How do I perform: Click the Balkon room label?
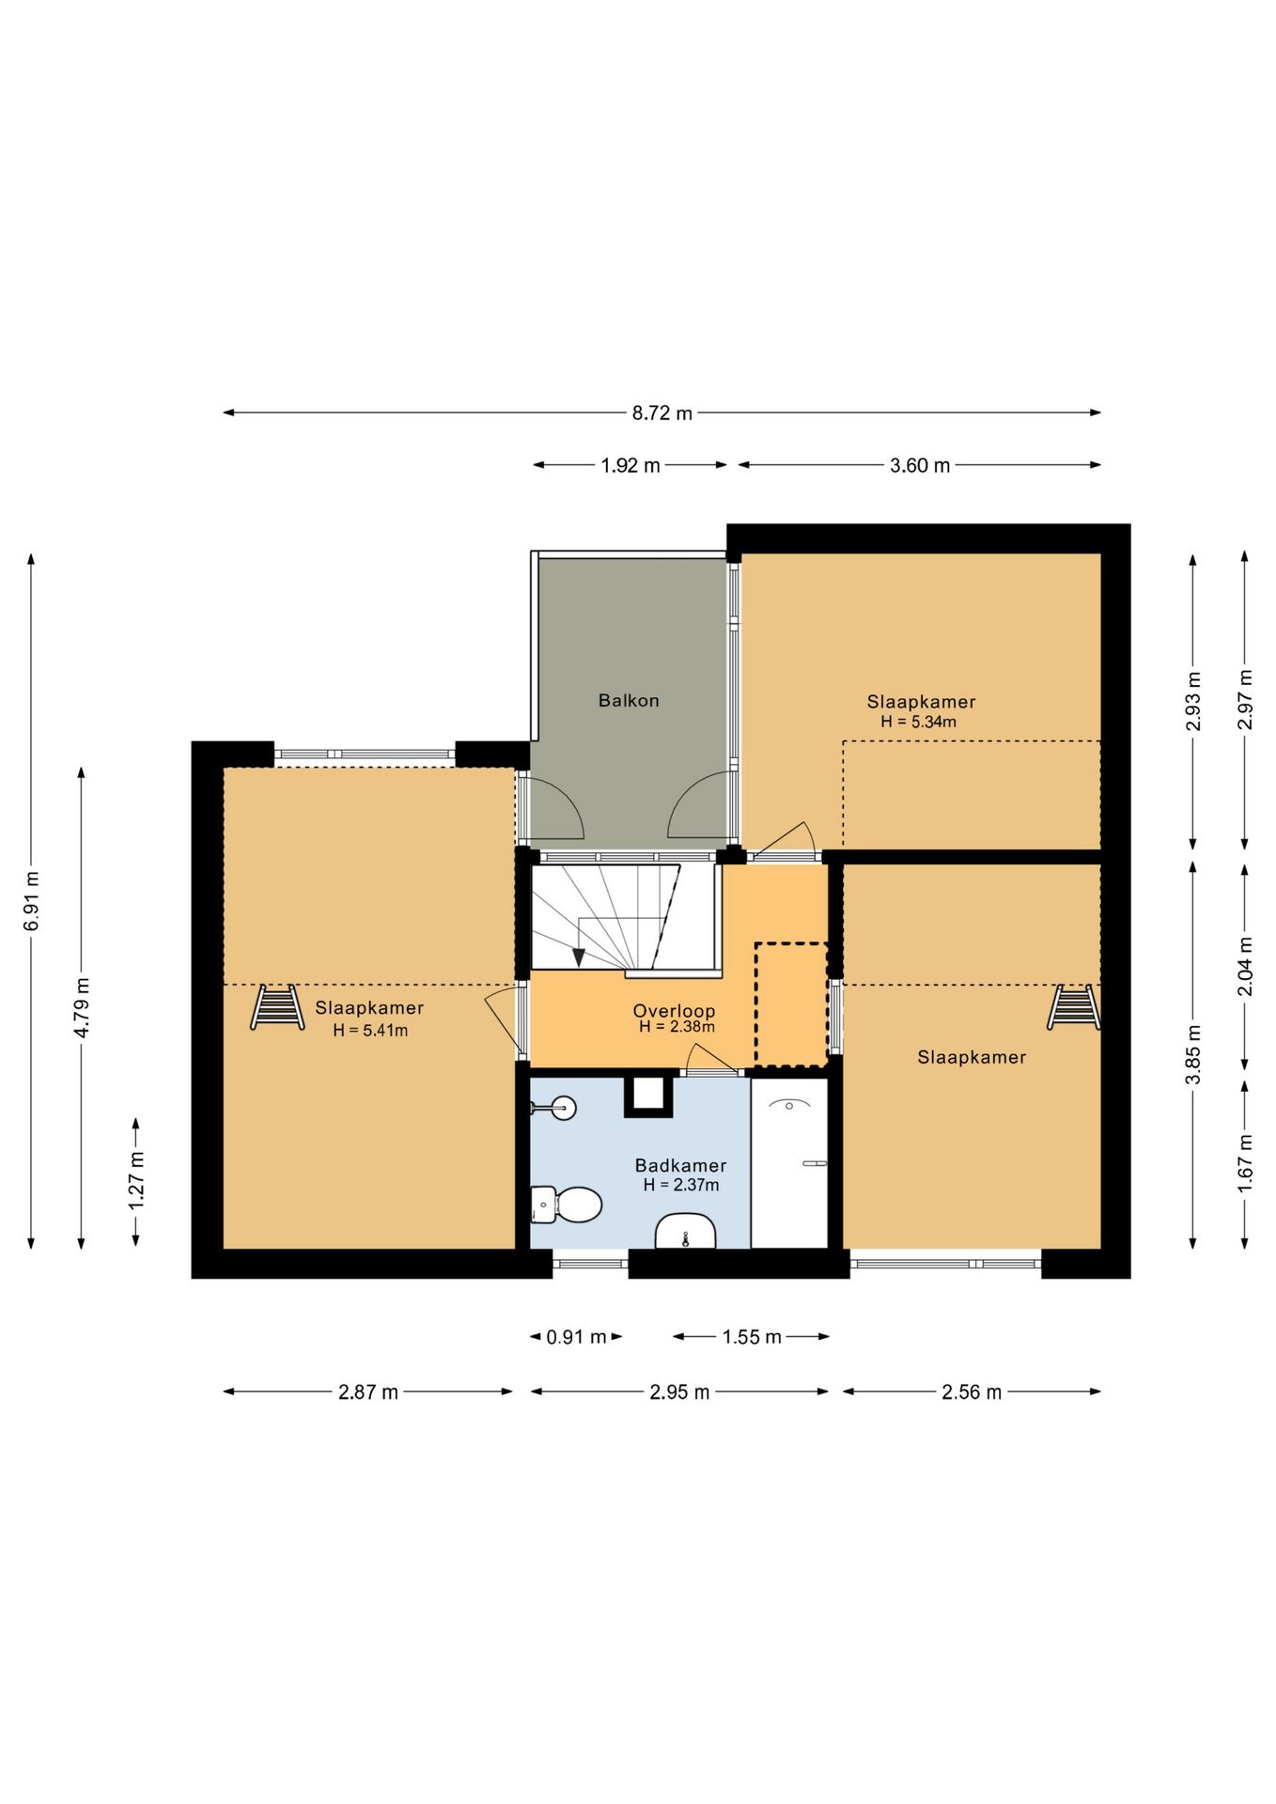tap(629, 700)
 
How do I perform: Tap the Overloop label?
tap(674, 1011)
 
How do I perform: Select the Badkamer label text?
tap(680, 1165)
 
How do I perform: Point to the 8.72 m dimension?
tap(662, 412)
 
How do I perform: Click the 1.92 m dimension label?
tap(630, 465)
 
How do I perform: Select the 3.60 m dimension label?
tap(920, 465)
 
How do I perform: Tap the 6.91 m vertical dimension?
tap(32, 901)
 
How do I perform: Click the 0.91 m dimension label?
tap(576, 1337)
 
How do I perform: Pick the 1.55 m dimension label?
tap(752, 1337)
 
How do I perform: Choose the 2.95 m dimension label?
tap(679, 1392)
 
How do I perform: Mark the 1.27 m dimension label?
tap(137, 1181)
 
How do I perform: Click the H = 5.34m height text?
tap(918, 722)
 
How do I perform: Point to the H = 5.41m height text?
tap(370, 1030)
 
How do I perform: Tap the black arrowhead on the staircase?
tap(579, 957)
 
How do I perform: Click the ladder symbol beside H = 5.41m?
tap(277, 1007)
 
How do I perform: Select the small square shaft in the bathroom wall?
tap(648, 1095)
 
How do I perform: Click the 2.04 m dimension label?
tap(1245, 967)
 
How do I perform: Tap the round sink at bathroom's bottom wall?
tap(686, 1232)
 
